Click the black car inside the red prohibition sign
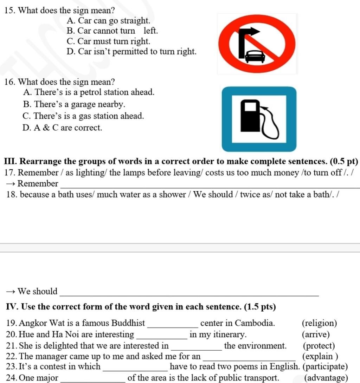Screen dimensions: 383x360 pyautogui.click(x=255, y=56)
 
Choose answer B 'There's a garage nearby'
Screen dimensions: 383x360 pyautogui.click(x=74, y=104)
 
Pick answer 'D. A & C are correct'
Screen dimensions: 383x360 pyautogui.click(x=62, y=128)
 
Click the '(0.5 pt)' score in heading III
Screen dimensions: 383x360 pyautogui.click(x=344, y=161)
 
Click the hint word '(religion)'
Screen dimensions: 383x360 pyautogui.click(x=319, y=323)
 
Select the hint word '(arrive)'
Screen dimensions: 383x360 pyautogui.click(x=316, y=334)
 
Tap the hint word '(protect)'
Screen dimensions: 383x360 pyautogui.click(x=319, y=346)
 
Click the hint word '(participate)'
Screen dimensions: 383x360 pyautogui.click(x=325, y=366)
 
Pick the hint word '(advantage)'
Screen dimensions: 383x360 pyautogui.click(x=326, y=378)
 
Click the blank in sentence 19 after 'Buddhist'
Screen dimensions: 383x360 pyautogui.click(x=174, y=324)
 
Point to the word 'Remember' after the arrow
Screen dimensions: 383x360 pyautogui.click(x=38, y=183)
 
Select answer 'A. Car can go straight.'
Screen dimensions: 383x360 pyautogui.click(x=108, y=21)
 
